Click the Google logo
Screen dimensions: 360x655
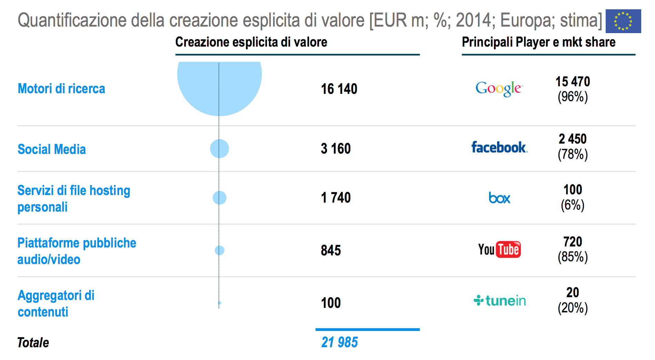tap(499, 88)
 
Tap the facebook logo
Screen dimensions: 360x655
tap(499, 147)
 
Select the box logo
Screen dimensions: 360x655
tap(499, 198)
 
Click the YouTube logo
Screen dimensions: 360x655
tap(499, 250)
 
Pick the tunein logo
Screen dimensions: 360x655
tap(499, 301)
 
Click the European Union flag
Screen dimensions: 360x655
tap(623, 21)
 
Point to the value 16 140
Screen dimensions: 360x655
tap(339, 89)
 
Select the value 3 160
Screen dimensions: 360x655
tap(336, 149)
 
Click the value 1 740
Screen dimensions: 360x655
tap(336, 198)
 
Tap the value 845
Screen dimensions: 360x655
tap(331, 250)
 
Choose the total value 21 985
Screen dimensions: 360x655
tap(339, 342)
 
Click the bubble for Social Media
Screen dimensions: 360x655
tap(219, 149)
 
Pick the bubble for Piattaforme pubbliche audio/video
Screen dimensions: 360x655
tap(219, 250)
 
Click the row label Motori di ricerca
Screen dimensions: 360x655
tap(61, 89)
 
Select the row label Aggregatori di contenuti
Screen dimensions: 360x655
tap(56, 303)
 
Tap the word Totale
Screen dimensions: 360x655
tap(33, 343)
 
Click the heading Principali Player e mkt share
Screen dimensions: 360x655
tap(538, 42)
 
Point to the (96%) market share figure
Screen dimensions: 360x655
tap(573, 97)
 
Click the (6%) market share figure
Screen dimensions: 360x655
tap(573, 205)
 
